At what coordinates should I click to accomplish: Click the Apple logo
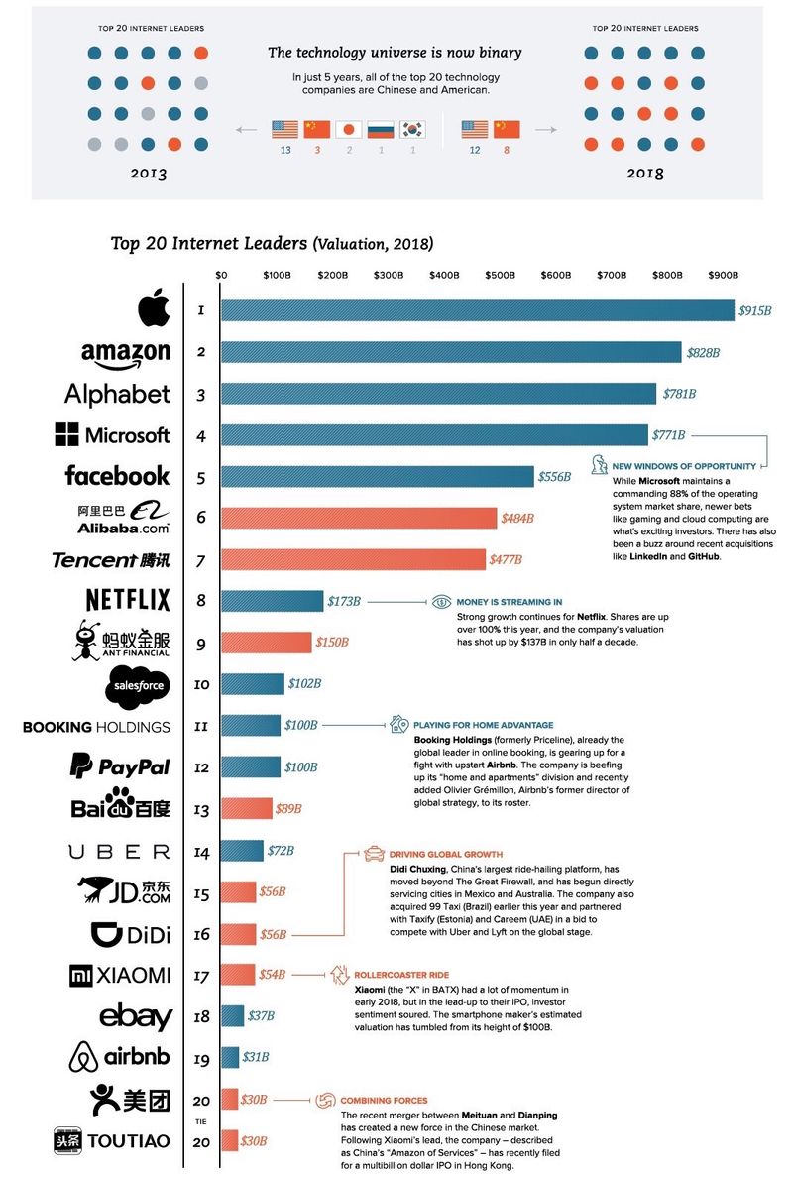pos(154,310)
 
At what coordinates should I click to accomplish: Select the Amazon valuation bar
pos(451,352)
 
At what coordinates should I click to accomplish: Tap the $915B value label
pos(754,311)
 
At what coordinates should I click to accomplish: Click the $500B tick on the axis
pos(500,274)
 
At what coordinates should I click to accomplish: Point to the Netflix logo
pos(128,600)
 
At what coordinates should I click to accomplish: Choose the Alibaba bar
pos(358,518)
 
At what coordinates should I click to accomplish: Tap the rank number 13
pos(201,810)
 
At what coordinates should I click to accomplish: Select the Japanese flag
pos(348,129)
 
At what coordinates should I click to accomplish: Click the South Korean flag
pos(411,129)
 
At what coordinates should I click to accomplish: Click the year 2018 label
pos(644,174)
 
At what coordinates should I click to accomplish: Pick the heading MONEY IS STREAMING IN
pos(509,602)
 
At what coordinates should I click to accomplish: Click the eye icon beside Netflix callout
pos(441,602)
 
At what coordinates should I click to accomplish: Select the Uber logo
pos(119,851)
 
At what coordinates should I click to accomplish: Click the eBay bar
pos(232,1016)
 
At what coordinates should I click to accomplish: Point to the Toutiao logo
pos(112,1141)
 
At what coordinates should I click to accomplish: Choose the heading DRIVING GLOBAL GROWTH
pos(445,854)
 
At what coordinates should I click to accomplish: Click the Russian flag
pos(380,129)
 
